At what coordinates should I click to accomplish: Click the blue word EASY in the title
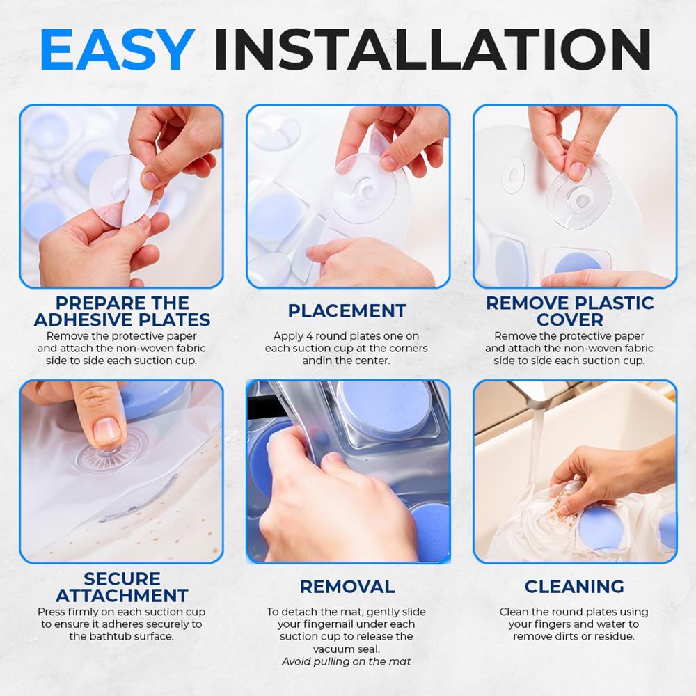pos(116,51)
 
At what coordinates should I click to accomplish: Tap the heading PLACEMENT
pos(347,310)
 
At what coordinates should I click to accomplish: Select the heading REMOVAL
pos(347,586)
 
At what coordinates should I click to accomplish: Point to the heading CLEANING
pos(574,586)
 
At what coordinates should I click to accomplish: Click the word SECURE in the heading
pos(122,578)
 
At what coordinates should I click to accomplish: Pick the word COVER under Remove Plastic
pos(569,319)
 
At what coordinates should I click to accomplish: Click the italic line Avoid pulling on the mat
pos(346,661)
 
